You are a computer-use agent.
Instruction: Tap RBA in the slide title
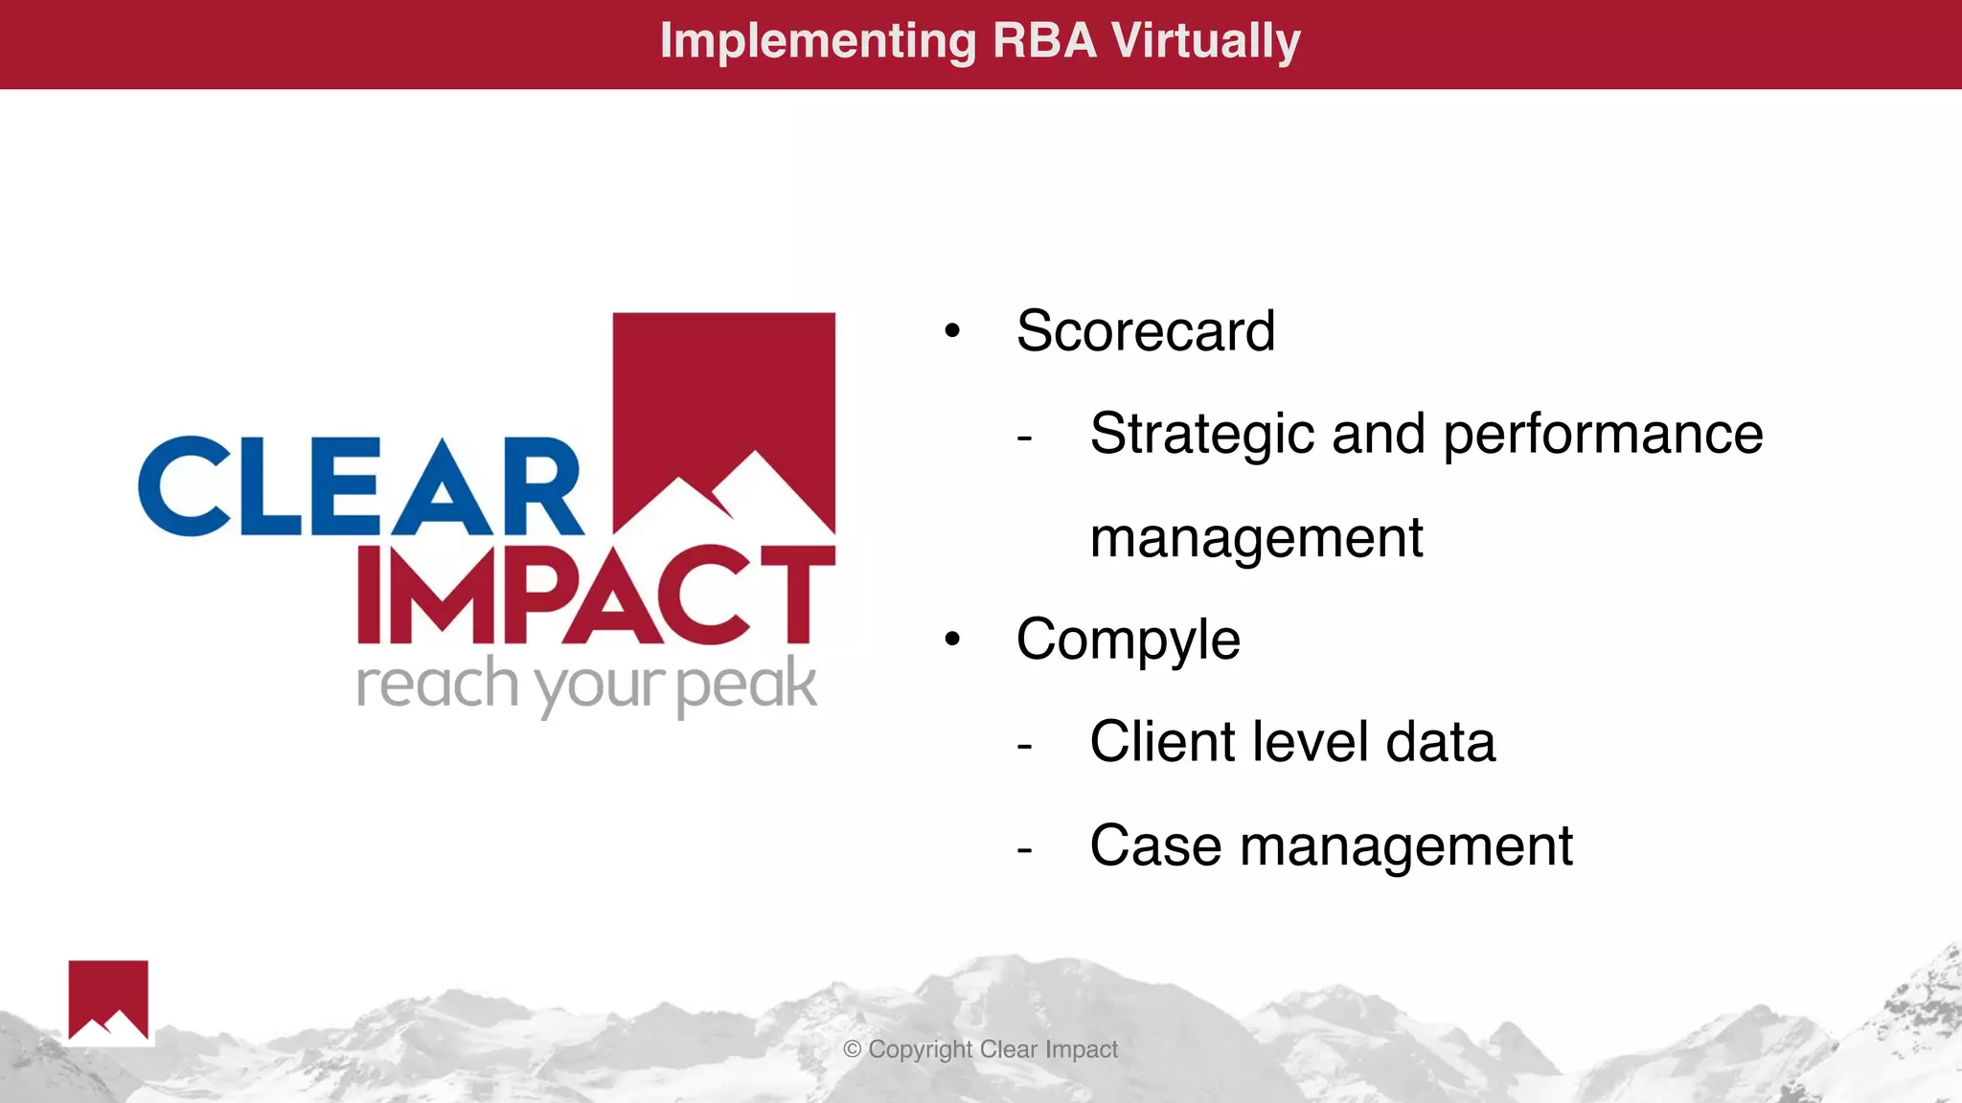1044,42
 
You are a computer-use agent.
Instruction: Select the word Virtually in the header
1205,42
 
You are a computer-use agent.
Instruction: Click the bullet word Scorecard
1145,331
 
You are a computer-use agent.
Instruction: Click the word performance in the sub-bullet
1603,435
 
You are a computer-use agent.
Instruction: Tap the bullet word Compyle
1128,640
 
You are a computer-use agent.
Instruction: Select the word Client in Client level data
1161,742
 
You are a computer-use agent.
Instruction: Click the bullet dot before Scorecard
951,332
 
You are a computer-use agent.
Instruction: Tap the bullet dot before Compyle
951,640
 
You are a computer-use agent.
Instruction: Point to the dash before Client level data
1024,746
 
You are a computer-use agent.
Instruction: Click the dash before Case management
1024,849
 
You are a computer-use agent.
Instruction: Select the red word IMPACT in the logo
595,595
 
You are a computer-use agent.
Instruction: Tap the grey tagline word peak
746,686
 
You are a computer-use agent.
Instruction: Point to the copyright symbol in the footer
852,1049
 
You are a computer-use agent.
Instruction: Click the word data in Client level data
1440,742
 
